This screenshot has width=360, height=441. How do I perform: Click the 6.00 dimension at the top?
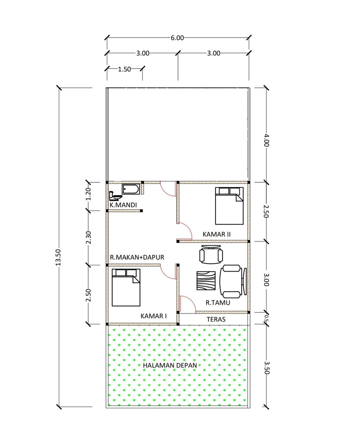click(x=177, y=38)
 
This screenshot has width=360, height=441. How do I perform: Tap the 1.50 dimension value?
click(x=124, y=69)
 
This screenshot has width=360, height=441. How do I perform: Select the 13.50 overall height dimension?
click(x=58, y=257)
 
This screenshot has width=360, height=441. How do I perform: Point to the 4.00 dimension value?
click(x=266, y=140)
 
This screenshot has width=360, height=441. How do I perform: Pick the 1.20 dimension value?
click(x=89, y=194)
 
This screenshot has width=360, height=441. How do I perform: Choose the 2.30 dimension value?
click(x=89, y=237)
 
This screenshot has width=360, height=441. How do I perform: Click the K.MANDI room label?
click(x=123, y=205)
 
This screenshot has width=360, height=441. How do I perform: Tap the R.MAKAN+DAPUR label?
click(x=137, y=257)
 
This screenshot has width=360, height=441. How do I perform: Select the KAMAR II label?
click(x=217, y=234)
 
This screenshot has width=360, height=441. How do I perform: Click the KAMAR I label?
click(x=154, y=316)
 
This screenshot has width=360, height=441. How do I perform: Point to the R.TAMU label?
click(x=218, y=303)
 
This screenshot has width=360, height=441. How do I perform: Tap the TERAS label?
click(x=216, y=319)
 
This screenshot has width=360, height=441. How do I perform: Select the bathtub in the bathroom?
click(x=131, y=189)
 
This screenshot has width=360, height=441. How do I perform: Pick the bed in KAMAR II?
click(x=229, y=206)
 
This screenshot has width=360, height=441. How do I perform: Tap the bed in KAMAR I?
click(x=126, y=287)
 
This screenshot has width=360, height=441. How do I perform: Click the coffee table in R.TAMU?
click(x=206, y=280)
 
